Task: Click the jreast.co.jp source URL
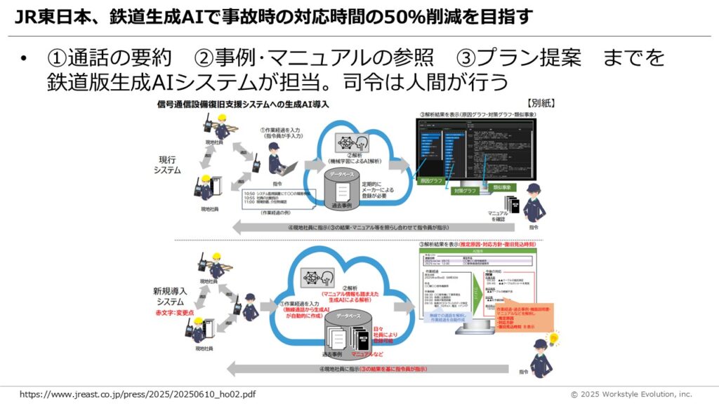coord(138,394)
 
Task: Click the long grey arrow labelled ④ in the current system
coord(372,227)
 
